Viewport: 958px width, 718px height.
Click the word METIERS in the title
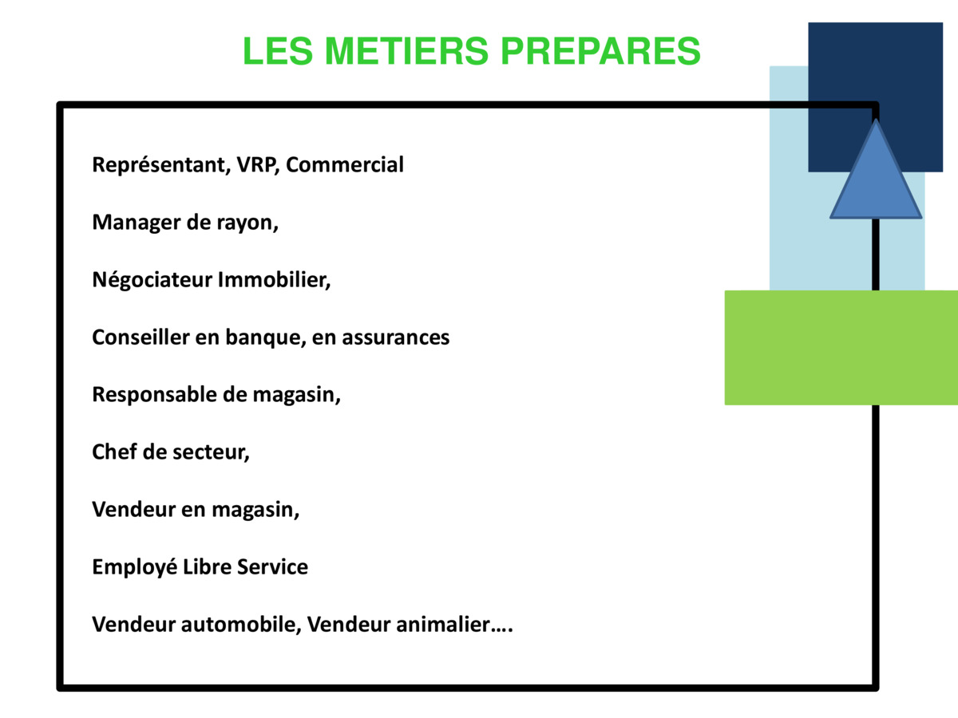[x=406, y=50]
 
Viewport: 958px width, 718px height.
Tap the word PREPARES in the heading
[x=600, y=50]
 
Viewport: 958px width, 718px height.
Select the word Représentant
[x=160, y=166]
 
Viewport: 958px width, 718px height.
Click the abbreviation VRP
[x=256, y=165]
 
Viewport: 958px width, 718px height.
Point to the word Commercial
[x=345, y=165]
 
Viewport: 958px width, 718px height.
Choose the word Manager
[x=137, y=223]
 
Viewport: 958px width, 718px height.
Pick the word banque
[x=263, y=337]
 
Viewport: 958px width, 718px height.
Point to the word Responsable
[x=155, y=395]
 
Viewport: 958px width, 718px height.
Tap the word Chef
[x=114, y=452]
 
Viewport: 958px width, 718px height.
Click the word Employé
[x=134, y=567]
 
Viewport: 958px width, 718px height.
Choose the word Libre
[x=207, y=566]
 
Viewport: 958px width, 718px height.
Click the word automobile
[x=238, y=625]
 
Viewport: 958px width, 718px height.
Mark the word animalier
[x=442, y=625]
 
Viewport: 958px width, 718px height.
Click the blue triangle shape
[x=876, y=183]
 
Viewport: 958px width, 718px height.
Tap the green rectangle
[x=841, y=348]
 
